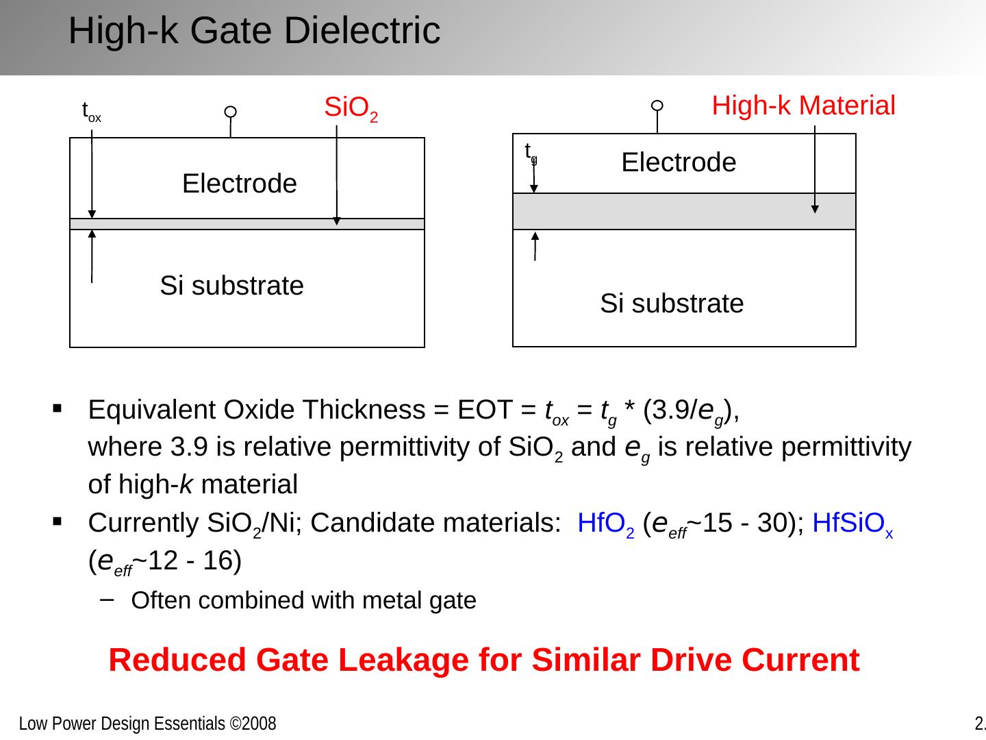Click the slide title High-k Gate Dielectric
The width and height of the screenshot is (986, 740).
click(254, 31)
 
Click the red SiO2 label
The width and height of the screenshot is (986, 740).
click(351, 109)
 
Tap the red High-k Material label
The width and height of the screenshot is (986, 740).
click(803, 106)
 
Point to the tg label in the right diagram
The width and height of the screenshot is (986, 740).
click(531, 153)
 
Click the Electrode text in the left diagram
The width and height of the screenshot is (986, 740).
click(240, 184)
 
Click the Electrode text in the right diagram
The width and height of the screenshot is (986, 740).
click(679, 162)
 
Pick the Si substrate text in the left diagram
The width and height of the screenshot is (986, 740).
click(231, 286)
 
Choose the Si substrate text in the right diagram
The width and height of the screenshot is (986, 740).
click(672, 304)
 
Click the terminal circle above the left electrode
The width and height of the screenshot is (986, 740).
click(231, 112)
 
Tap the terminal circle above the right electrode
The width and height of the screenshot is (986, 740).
click(657, 106)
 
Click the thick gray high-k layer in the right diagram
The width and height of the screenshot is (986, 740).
click(684, 211)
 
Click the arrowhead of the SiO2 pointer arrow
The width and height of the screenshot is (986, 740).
click(336, 221)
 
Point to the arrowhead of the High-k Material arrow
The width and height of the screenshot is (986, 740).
click(815, 209)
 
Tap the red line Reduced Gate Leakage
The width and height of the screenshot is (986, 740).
click(483, 661)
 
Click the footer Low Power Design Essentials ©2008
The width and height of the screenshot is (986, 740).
click(147, 724)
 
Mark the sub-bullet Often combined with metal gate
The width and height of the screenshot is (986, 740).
click(303, 600)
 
